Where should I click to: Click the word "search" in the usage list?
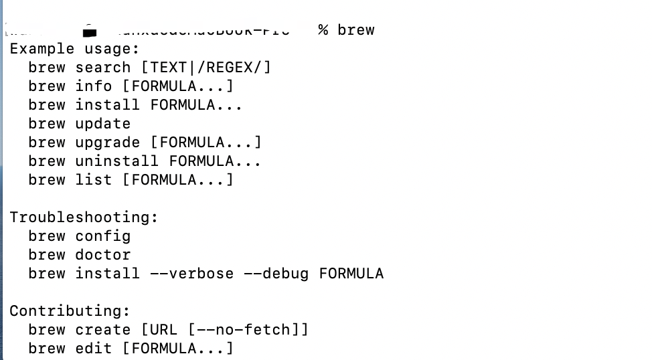click(103, 68)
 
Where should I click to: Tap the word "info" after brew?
click(94, 86)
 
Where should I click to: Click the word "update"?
click(103, 124)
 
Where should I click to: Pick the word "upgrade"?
click(108, 143)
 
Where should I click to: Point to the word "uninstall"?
click(117, 161)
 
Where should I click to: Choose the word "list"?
click(94, 180)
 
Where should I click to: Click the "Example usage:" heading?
click(74, 49)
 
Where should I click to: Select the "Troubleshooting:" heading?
click(84, 217)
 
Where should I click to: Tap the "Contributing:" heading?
click(70, 311)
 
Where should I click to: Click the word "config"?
click(103, 236)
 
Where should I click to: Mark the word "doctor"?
click(103, 255)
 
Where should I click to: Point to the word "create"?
click(103, 330)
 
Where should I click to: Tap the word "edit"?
click(94, 349)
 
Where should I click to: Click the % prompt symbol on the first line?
click(323, 30)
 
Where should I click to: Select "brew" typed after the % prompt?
click(356, 30)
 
